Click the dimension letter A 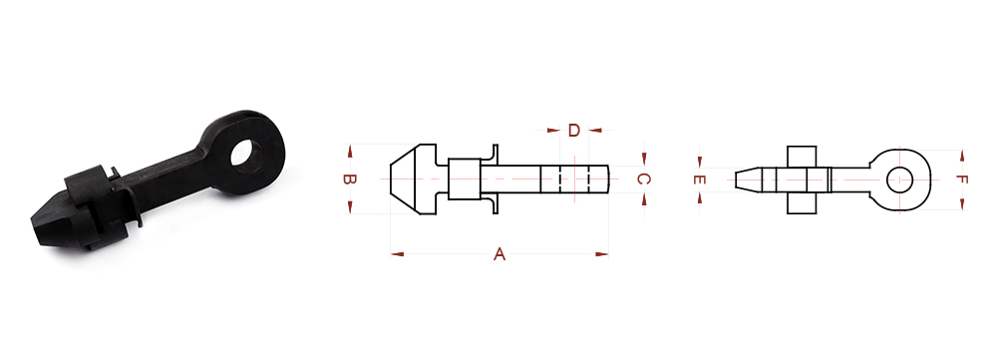click(499, 254)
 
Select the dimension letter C click(643, 180)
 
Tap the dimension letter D click(574, 131)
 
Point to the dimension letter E click(700, 180)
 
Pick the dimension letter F click(962, 180)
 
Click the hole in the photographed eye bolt click(246, 154)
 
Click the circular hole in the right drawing click(899, 180)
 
